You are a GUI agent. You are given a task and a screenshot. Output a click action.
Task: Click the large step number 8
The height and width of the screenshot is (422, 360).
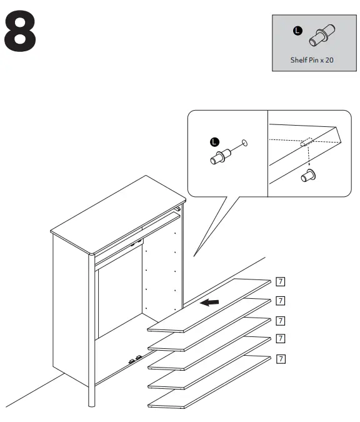coord(20,31)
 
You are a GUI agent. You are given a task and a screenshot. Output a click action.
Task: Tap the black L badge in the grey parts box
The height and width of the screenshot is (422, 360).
coord(297,31)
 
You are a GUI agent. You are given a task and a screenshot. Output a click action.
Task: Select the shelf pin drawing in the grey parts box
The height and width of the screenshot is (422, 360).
coord(322,35)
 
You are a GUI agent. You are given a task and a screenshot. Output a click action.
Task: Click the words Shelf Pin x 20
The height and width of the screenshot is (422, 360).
coord(312,60)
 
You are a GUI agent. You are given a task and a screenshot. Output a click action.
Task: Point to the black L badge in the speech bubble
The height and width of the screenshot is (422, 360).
coord(214,142)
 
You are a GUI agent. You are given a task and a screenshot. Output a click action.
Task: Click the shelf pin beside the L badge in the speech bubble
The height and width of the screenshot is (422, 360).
coord(221,157)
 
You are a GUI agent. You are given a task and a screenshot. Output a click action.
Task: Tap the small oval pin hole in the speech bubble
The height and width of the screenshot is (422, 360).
coord(244,143)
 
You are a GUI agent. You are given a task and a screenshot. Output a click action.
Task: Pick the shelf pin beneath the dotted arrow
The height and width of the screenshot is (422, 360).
coord(308,176)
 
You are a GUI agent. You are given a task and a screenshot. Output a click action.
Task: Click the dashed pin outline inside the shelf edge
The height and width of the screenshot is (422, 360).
coord(306,142)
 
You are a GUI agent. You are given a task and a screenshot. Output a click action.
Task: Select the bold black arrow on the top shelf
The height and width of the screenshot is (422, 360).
coord(209,303)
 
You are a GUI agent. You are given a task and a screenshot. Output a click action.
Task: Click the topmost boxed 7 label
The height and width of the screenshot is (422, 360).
coord(281,281)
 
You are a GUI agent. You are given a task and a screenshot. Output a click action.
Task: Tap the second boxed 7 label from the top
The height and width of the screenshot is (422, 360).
coord(281,301)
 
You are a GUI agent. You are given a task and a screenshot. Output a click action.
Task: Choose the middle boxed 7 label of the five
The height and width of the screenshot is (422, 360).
coord(281,321)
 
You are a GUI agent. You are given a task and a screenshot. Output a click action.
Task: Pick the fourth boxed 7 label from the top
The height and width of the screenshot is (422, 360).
coord(281,338)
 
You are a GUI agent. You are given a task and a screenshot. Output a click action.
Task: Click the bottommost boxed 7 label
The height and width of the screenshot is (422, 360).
coord(281,359)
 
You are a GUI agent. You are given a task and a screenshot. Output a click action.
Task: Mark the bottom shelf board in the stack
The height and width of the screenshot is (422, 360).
coord(209,382)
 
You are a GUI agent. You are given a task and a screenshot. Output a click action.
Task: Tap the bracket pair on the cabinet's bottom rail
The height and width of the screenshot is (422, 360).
coord(135,359)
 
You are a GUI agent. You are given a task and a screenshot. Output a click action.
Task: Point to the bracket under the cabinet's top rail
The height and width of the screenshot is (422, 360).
coord(136,244)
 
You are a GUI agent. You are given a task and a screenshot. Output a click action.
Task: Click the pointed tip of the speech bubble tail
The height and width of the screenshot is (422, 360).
coord(194,256)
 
